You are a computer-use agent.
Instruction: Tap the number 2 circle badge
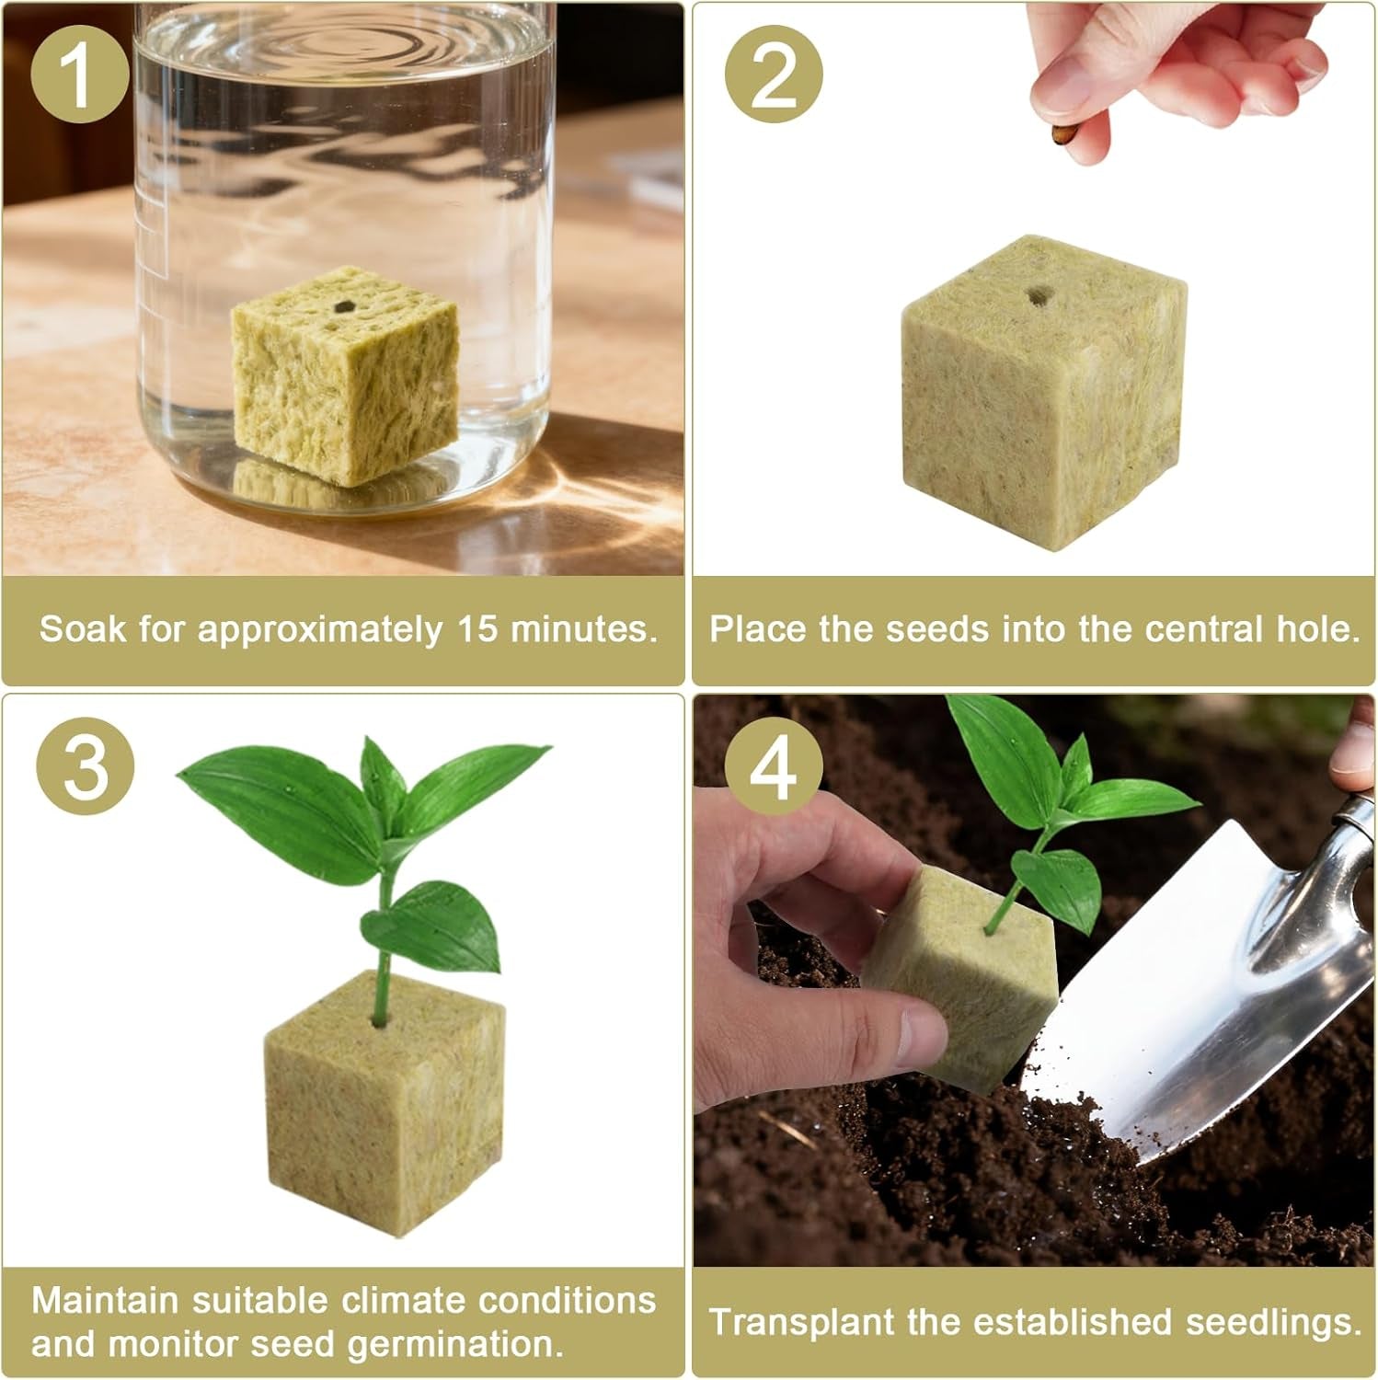774,76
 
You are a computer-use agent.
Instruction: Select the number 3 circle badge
86,767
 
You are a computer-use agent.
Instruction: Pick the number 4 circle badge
774,767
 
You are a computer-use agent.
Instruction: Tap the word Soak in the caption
82,629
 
